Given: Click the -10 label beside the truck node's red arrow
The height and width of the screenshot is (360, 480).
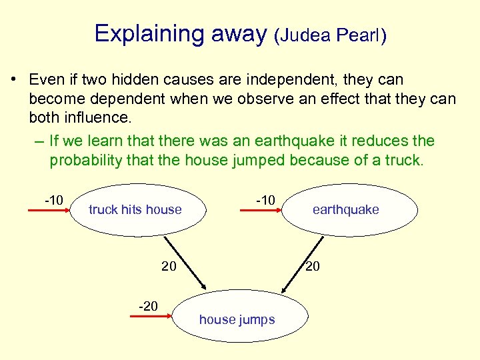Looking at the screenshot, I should click(x=53, y=199).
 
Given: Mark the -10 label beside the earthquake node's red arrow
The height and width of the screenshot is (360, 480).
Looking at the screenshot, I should click(x=265, y=199).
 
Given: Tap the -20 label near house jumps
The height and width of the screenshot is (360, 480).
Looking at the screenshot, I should click(x=147, y=306).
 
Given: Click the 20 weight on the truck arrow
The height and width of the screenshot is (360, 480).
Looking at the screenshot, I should click(x=169, y=267).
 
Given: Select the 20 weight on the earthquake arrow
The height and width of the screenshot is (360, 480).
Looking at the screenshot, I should click(x=313, y=267).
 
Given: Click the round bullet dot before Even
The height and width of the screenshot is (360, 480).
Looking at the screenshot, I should click(x=13, y=80).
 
